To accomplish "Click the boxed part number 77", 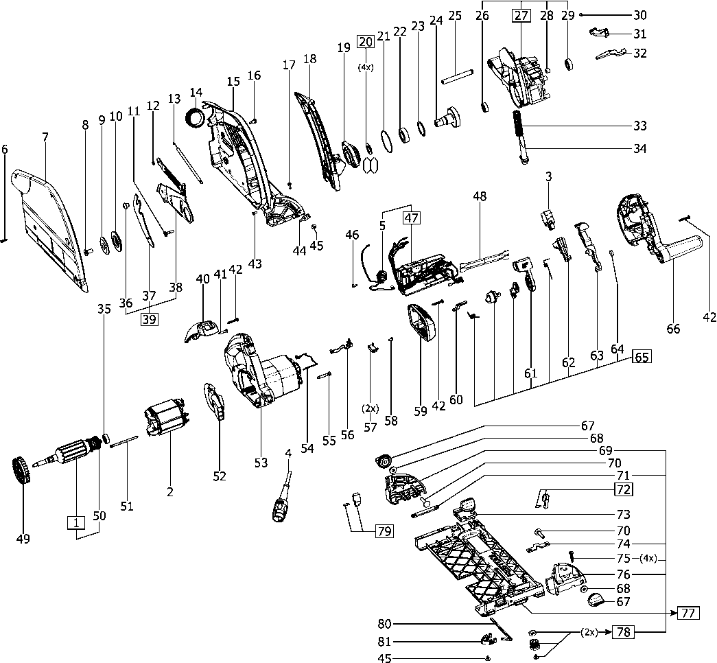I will (x=688, y=614).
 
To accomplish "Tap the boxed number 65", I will (x=641, y=357).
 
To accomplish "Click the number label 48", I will (x=479, y=197).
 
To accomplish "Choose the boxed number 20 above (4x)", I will (x=366, y=41).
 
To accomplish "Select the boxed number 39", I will (x=150, y=318).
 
